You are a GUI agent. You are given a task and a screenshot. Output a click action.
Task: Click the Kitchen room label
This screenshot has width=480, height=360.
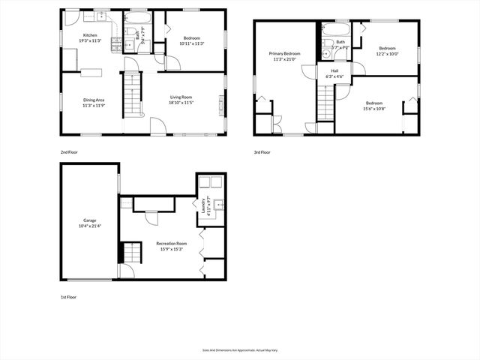pyautogui.click(x=90, y=35)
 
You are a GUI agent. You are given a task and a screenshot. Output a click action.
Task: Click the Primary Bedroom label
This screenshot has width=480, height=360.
pyautogui.click(x=285, y=54)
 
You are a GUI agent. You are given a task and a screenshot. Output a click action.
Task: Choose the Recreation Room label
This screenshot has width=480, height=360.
pyautogui.click(x=172, y=244)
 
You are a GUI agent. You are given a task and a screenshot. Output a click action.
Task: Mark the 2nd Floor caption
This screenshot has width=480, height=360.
pyautogui.click(x=69, y=152)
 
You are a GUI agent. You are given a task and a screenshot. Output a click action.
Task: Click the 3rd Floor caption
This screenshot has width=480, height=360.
pyautogui.click(x=262, y=152)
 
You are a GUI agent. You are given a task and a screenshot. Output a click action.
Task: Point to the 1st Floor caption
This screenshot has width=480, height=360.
pyautogui.click(x=69, y=297)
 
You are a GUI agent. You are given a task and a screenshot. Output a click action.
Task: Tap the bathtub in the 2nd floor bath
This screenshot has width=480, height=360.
pyautogui.click(x=138, y=18)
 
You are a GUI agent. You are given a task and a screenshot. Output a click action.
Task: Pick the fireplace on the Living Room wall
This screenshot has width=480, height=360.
pyautogui.click(x=221, y=103)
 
